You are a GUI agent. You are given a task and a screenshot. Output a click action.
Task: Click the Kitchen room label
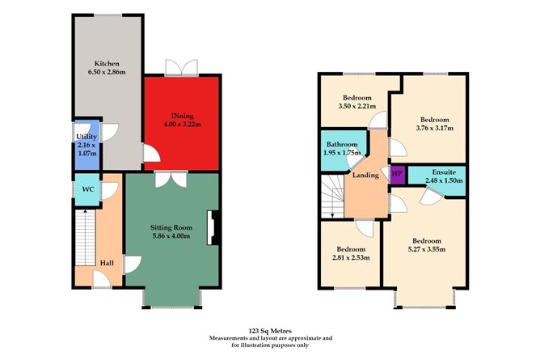click(107, 62)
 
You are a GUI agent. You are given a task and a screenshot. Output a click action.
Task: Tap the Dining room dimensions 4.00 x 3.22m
click(181, 125)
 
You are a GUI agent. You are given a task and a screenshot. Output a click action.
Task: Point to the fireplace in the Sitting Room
click(212, 228)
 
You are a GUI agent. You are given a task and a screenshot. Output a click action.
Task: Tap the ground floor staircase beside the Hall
click(84, 239)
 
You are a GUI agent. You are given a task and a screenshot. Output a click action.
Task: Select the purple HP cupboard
click(396, 173)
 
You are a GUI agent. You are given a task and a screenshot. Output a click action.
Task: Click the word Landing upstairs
click(366, 176)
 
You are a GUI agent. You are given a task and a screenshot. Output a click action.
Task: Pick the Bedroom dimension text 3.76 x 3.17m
click(435, 127)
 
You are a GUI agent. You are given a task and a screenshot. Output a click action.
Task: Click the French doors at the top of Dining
click(176, 67)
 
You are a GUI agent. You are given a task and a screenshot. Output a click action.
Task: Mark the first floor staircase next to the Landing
click(331, 199)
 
